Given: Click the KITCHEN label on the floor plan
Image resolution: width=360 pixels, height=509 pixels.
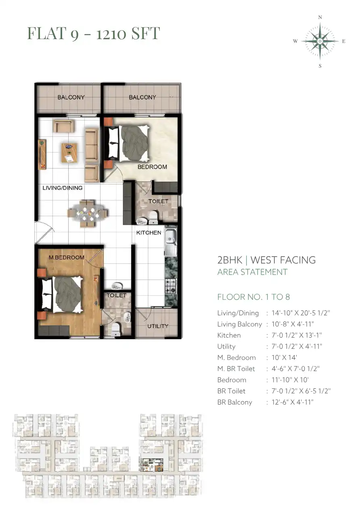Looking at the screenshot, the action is coord(149,233).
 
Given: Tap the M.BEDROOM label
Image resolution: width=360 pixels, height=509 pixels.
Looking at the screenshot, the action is coord(67,257).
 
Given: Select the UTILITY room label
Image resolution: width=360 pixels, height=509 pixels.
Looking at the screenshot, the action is coord(157,326).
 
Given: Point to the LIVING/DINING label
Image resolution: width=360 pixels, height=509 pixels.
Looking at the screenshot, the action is coord(63,188).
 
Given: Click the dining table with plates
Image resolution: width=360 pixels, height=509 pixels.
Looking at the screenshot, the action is coord(87,213).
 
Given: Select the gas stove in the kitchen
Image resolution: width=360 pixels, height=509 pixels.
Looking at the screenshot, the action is coord(171,286).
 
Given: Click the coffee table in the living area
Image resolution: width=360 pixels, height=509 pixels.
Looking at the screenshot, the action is coord(69,152).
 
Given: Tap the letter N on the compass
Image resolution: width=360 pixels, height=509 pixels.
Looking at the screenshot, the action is coord(320,17).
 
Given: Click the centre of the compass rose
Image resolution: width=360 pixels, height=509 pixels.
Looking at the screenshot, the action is coord(320,41).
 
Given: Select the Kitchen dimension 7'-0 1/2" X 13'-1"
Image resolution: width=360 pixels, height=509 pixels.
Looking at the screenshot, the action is coord(297,335).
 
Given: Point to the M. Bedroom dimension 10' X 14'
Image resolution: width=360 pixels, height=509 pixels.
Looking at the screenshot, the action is coord(284,357).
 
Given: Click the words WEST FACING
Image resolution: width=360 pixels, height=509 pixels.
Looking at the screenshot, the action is coord(283,260).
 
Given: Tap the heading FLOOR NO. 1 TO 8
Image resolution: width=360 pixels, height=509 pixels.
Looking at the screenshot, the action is coord(253,297).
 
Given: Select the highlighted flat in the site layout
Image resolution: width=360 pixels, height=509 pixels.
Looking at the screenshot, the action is coord(151,465).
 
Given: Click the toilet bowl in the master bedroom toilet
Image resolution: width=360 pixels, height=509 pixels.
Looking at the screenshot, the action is coord(116,329).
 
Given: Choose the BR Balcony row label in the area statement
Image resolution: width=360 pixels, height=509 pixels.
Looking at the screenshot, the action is coord(235,402).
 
